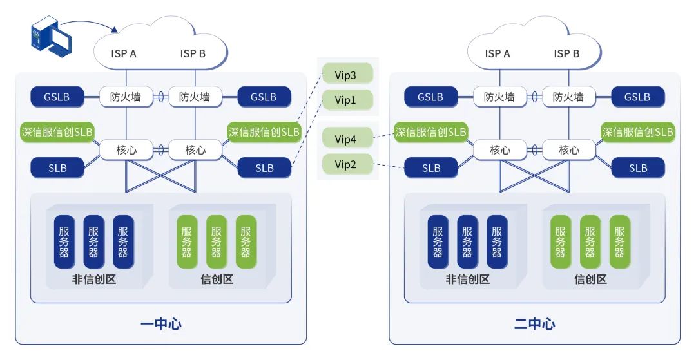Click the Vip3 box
pos(347,74)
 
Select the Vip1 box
pos(347,100)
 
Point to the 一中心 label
pos(160,324)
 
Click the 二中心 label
pos(534,324)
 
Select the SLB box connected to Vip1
pos(265,167)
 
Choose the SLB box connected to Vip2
pos(431,167)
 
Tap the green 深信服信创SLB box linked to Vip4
pos(430,131)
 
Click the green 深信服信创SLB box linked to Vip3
pos(264,131)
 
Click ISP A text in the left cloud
pos(124,53)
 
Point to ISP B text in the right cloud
pos(566,53)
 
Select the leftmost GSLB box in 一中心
pos(57,97)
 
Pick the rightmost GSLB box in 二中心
pos(638,97)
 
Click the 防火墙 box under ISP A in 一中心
pos(126,97)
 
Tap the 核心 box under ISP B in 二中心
pos(569,150)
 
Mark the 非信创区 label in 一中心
pos(94,279)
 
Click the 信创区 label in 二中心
pos(590,279)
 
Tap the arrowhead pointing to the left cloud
pos(115,30)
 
